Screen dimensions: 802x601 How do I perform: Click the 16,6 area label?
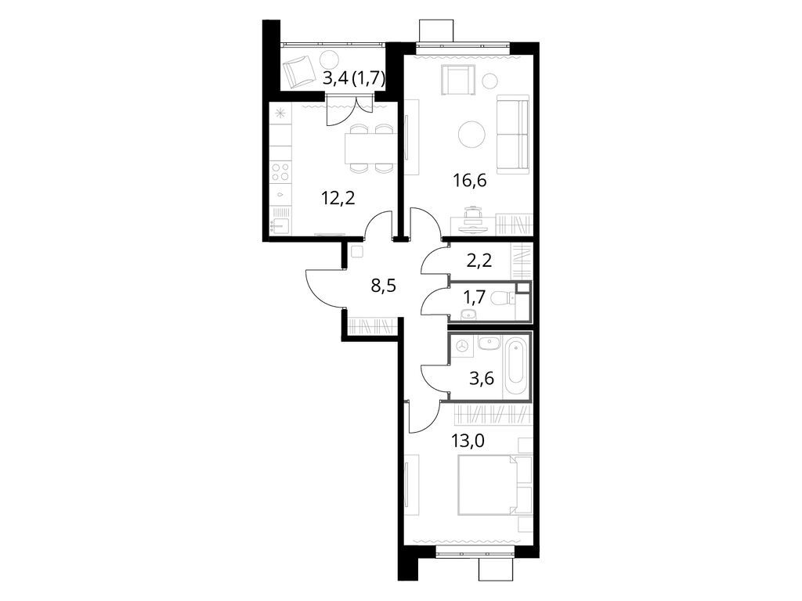click(x=470, y=180)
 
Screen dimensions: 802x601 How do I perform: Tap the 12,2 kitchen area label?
click(x=338, y=197)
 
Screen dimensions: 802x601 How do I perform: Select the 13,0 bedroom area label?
click(x=468, y=440)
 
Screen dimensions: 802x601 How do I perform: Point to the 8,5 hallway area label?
click(x=384, y=286)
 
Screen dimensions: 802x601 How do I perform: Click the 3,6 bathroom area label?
click(x=482, y=380)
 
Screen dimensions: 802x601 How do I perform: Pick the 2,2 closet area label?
click(x=479, y=261)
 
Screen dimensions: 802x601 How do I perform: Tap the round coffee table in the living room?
click(x=471, y=135)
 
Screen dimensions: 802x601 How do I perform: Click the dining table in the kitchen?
click(x=370, y=148)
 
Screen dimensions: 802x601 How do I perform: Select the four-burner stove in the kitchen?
click(x=281, y=171)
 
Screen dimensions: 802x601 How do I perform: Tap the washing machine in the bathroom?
click(x=464, y=346)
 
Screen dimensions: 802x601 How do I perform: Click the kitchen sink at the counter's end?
click(x=280, y=225)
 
